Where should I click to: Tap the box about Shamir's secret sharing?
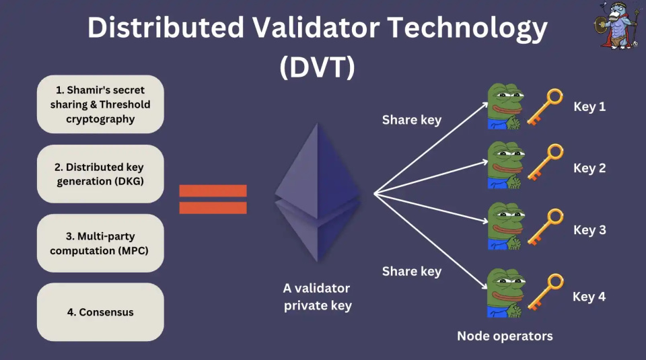tap(100, 104)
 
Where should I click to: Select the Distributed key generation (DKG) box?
tap(100, 174)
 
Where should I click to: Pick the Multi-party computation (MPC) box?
tap(100, 243)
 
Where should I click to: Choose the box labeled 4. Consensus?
tap(100, 312)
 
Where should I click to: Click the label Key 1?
tap(589, 106)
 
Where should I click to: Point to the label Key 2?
tap(589, 168)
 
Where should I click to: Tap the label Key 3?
tap(589, 230)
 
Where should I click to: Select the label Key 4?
tap(589, 296)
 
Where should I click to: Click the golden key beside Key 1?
tap(545, 107)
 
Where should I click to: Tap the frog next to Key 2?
tap(505, 166)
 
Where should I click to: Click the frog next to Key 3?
tap(505, 227)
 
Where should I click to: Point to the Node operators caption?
tap(505, 336)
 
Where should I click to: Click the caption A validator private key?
tap(316, 297)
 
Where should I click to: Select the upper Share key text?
tap(412, 120)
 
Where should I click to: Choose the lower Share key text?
tap(412, 271)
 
